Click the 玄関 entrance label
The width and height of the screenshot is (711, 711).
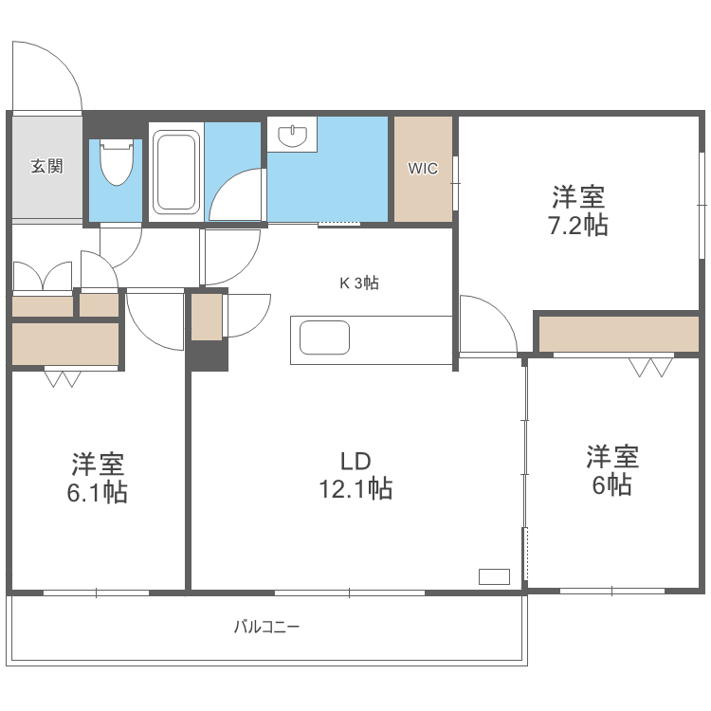point(46,167)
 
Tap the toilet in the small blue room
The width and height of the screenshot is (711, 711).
point(116,164)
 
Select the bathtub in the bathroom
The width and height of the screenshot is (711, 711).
point(175,172)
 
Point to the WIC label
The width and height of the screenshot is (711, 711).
point(423,169)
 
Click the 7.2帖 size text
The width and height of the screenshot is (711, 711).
point(579,226)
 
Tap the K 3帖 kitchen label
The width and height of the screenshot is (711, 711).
point(359,282)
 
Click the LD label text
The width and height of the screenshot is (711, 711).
point(355,462)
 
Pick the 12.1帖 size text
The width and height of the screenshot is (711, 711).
point(355,489)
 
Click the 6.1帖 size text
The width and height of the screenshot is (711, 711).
point(99,493)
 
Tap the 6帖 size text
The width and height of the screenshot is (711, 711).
point(611,484)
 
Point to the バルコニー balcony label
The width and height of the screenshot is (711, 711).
point(266,627)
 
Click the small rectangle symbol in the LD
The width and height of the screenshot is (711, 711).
point(494,575)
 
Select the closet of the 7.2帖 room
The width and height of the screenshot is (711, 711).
point(618,334)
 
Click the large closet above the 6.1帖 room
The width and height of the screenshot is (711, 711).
point(65,343)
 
